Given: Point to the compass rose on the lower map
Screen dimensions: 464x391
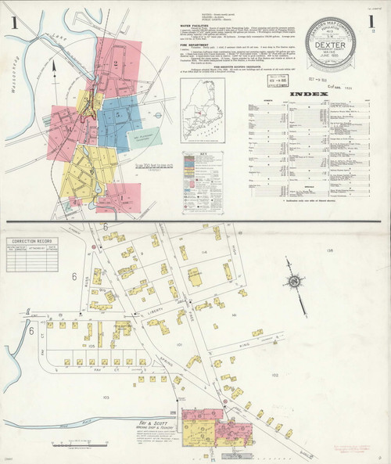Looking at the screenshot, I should coord(291,282).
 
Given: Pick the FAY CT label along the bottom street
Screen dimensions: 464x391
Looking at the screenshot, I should coord(77,369).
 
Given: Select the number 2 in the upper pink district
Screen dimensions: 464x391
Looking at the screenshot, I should coord(115,61).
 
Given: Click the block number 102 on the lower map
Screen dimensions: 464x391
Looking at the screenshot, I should coord(274,375).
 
